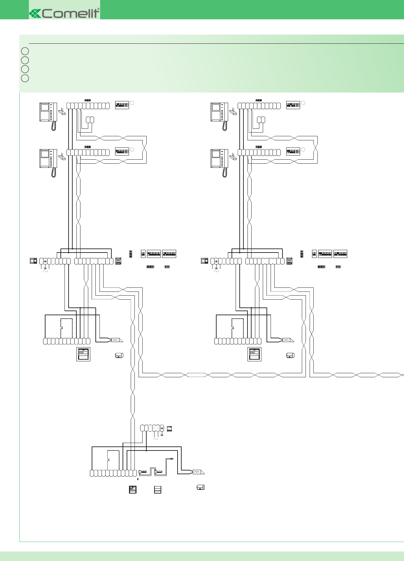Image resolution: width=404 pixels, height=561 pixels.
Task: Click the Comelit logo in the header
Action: (65, 13)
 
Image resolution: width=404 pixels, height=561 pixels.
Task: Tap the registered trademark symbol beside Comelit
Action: (98, 9)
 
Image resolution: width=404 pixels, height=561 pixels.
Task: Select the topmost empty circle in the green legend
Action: (25, 51)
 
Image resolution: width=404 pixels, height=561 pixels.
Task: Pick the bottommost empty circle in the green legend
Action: (25, 78)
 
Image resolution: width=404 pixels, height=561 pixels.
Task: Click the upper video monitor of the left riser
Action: (48, 112)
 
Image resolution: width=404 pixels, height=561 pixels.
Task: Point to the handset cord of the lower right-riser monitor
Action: (224, 173)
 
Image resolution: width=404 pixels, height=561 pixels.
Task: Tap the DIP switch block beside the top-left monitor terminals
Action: (122, 105)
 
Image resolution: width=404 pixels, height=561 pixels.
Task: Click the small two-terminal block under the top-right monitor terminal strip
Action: (261, 120)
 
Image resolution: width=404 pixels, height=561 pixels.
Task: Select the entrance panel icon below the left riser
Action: (83, 354)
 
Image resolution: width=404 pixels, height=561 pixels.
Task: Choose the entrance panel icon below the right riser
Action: (254, 354)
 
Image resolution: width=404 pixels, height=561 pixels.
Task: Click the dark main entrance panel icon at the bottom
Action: (133, 489)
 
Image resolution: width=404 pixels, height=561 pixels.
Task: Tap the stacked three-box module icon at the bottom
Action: (158, 489)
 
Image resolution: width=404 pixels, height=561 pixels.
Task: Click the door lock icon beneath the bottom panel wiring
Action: (201, 487)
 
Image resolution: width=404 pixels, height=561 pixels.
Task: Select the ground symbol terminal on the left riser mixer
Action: (45, 261)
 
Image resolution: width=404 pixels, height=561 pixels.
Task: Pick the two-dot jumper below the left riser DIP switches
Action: (167, 267)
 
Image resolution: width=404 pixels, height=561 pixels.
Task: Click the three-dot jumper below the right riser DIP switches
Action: (321, 267)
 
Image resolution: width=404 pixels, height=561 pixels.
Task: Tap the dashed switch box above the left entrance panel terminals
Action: (66, 328)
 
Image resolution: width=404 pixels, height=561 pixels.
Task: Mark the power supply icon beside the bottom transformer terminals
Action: (169, 428)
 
